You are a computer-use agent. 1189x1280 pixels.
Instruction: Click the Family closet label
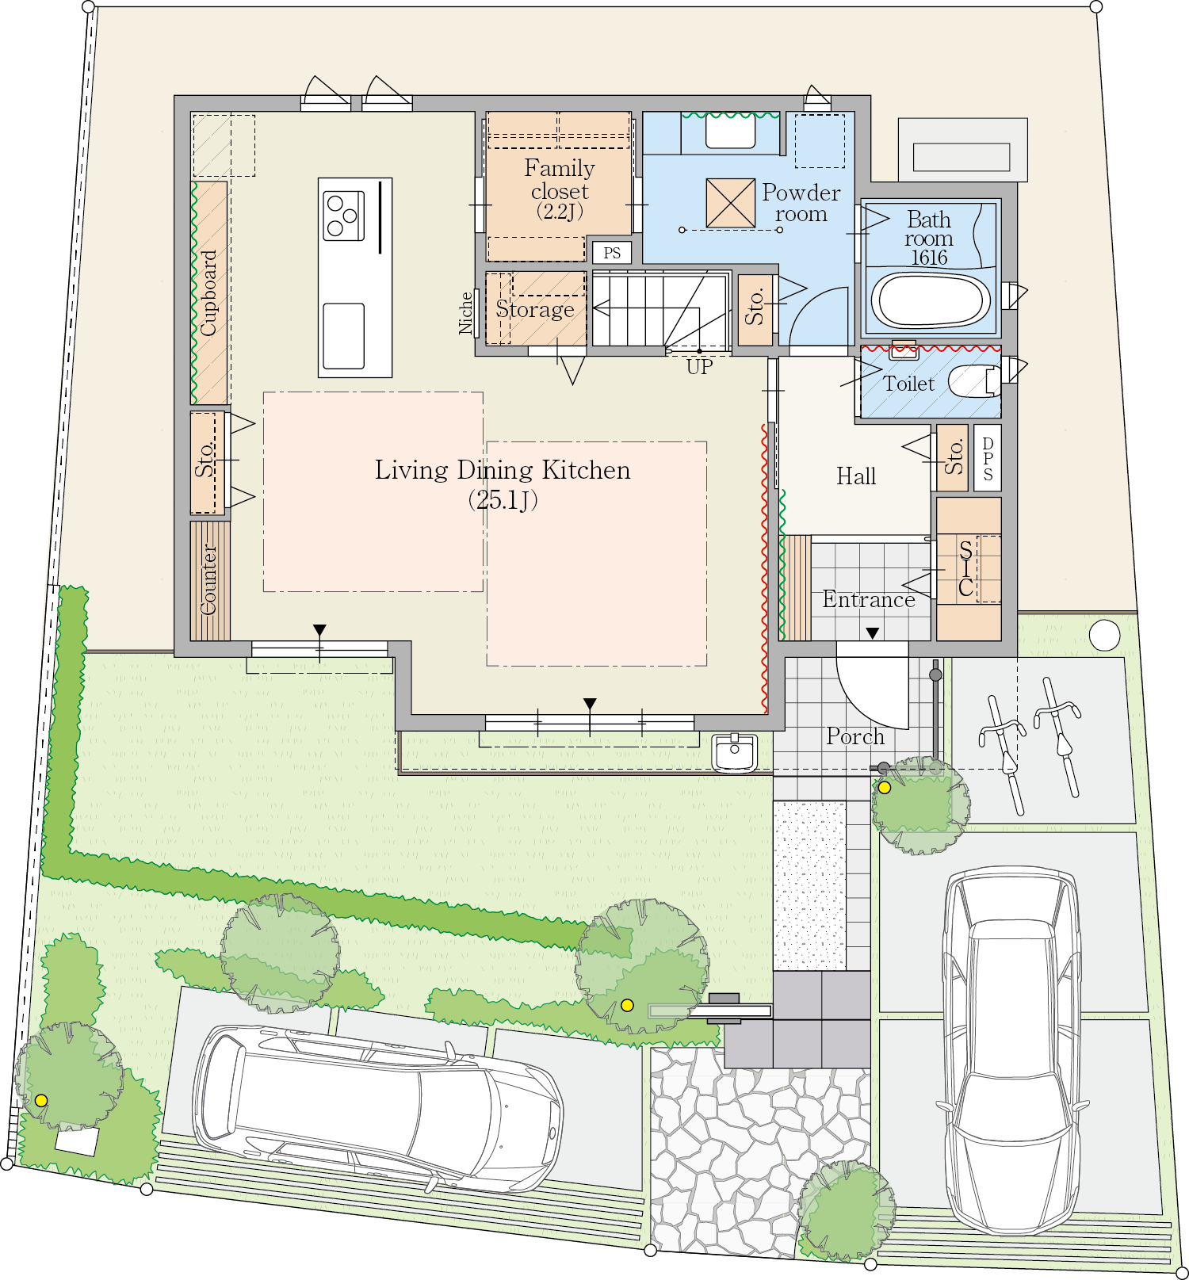click(x=560, y=179)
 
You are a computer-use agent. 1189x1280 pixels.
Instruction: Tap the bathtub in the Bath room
click(x=931, y=300)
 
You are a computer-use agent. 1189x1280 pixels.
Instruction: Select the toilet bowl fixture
click(x=974, y=381)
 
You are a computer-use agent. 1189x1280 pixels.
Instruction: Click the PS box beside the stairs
click(x=612, y=253)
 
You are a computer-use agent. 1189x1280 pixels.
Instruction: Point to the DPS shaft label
click(x=988, y=459)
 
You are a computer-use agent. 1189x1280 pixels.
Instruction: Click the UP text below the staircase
click(x=700, y=367)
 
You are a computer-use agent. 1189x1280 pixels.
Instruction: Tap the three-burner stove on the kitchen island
click(x=344, y=216)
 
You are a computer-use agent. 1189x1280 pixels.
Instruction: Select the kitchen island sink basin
click(x=344, y=336)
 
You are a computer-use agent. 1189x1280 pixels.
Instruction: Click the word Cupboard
click(x=208, y=292)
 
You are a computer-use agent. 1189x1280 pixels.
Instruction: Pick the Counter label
click(x=208, y=579)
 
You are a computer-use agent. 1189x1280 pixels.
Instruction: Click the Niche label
click(x=466, y=313)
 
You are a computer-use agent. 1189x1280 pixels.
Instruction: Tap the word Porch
click(x=855, y=736)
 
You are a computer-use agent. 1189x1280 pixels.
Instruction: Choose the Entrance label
click(x=869, y=599)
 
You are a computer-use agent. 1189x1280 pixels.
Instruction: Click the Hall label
click(x=856, y=476)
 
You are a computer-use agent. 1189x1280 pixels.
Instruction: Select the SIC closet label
click(x=965, y=568)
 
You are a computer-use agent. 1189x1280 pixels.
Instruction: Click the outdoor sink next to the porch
click(x=735, y=752)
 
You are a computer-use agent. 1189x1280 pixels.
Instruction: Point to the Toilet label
click(x=909, y=384)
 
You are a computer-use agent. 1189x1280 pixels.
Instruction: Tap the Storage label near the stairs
click(x=535, y=309)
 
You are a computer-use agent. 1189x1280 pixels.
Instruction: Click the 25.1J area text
click(x=503, y=500)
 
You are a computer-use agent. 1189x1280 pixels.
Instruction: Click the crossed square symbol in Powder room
click(x=730, y=203)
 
